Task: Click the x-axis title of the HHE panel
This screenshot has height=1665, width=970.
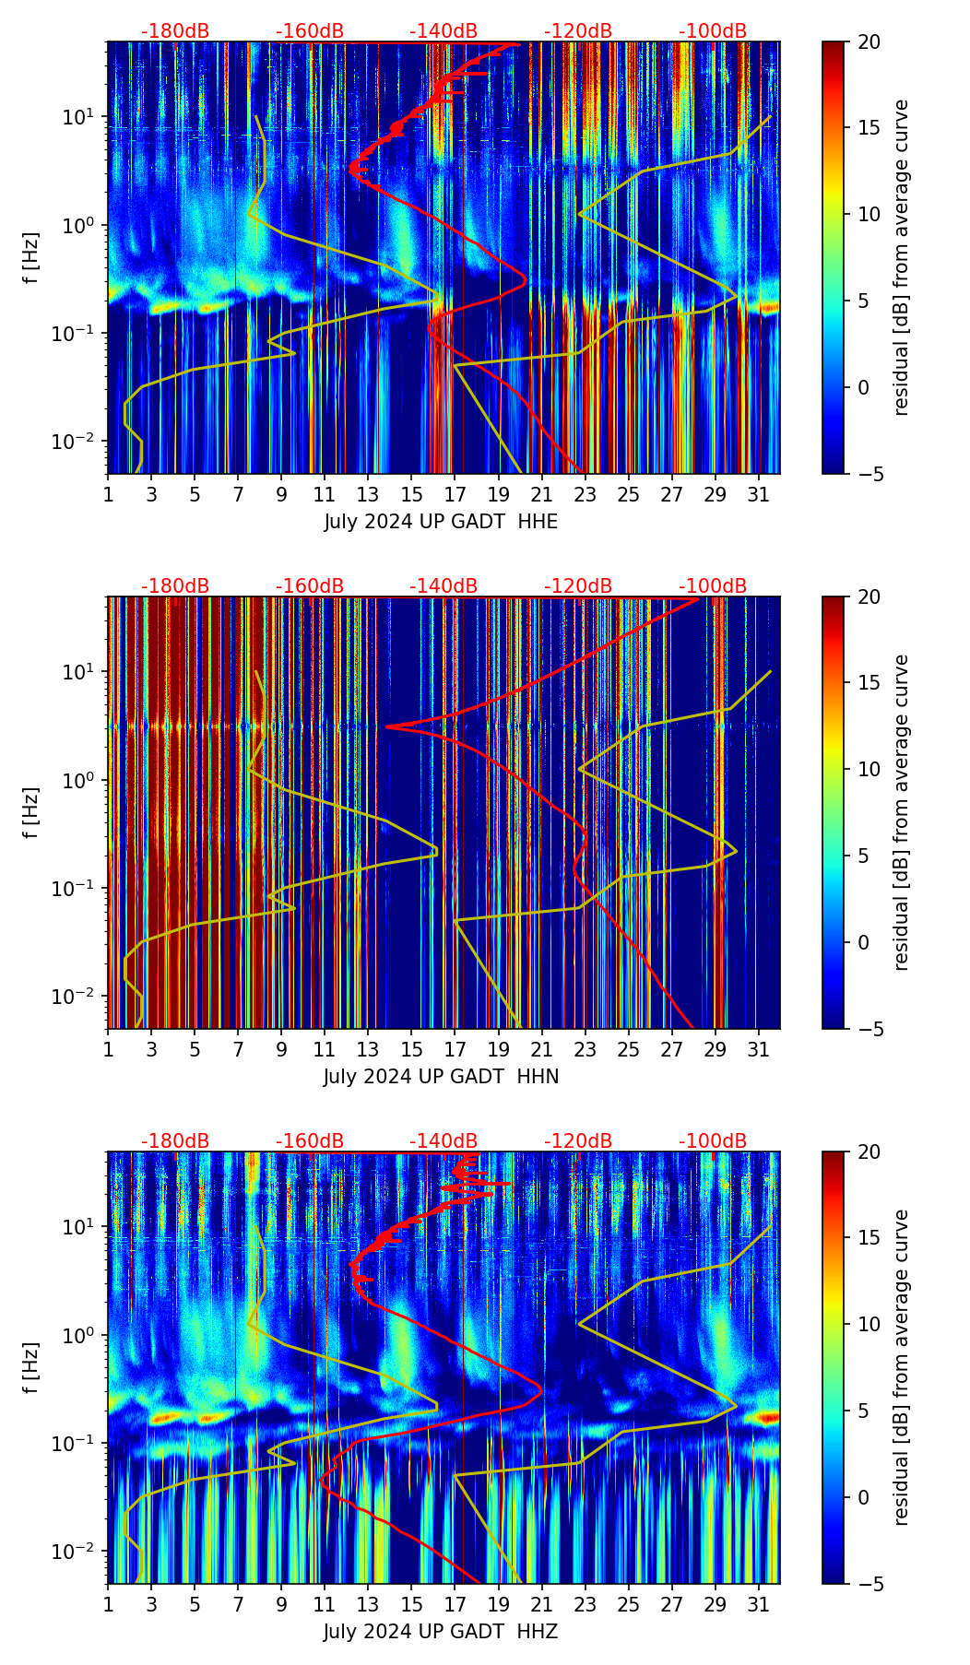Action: [x=441, y=522]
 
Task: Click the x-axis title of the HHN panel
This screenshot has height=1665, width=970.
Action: [x=441, y=1077]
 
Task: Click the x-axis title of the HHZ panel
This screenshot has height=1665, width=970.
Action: [x=441, y=1632]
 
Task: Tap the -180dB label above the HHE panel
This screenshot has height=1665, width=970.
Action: [x=175, y=31]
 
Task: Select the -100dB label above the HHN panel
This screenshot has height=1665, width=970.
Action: [x=713, y=586]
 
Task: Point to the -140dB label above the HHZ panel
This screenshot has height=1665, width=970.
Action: [x=444, y=1141]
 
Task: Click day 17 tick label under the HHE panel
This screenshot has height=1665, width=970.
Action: [x=455, y=494]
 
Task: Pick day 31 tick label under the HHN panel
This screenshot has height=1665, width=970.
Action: [x=758, y=1049]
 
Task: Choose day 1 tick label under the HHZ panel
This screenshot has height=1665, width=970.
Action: [x=109, y=1604]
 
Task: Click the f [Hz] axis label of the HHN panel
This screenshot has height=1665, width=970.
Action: [x=31, y=812]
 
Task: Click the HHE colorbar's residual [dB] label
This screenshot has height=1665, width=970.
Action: [x=902, y=257]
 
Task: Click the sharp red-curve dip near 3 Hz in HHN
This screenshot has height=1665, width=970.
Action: [x=388, y=726]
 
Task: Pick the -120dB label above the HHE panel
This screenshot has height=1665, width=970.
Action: [x=578, y=31]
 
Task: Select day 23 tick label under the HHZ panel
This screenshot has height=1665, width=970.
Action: [x=585, y=1604]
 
